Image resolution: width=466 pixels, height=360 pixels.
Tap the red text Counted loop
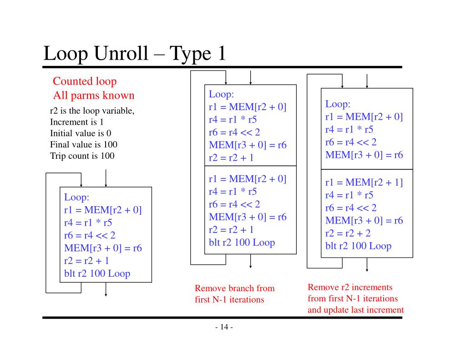[x=85, y=81]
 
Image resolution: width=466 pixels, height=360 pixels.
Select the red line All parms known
[x=93, y=96]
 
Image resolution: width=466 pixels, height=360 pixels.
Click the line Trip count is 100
[x=82, y=156]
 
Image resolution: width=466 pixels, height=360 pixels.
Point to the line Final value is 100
[x=83, y=145]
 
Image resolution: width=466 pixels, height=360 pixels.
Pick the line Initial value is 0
[x=81, y=133]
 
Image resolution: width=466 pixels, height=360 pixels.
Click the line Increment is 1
[x=76, y=122]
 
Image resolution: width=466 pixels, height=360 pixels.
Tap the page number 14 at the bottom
[x=223, y=328]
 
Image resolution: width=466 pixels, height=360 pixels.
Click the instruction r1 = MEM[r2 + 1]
[x=364, y=183]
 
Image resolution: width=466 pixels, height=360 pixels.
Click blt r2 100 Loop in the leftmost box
[x=97, y=274]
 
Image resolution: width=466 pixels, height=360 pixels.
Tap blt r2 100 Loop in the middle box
[x=242, y=242]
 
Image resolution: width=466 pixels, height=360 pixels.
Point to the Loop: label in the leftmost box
[x=76, y=198]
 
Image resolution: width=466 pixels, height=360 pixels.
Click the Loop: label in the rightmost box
[x=338, y=104]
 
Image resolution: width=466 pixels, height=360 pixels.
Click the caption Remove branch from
[x=234, y=288]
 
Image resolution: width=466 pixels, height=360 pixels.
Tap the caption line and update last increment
[x=355, y=310]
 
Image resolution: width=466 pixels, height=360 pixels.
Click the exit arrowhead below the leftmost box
[x=106, y=294]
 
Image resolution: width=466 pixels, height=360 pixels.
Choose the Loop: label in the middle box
[x=221, y=95]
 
